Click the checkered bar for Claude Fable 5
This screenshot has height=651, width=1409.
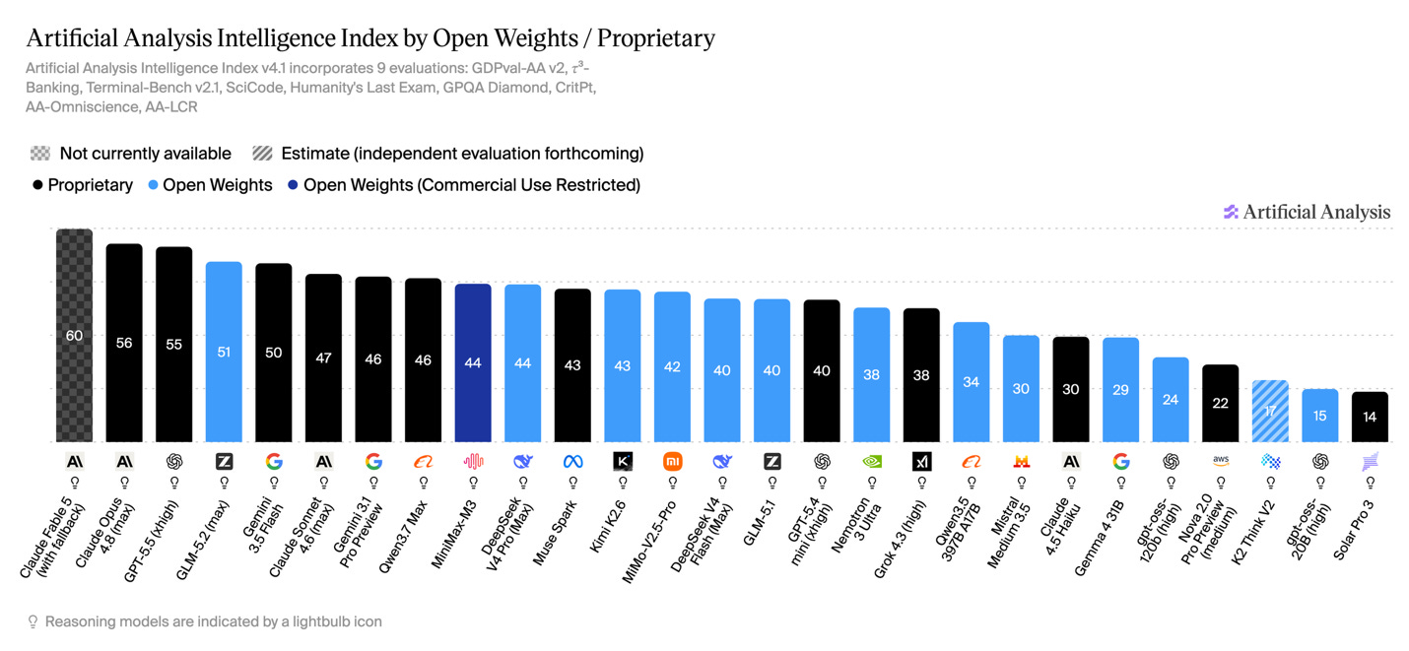pyautogui.click(x=74, y=335)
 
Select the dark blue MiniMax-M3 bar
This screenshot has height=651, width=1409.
pyautogui.click(x=473, y=362)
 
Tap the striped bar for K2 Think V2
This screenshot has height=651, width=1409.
pyautogui.click(x=1270, y=412)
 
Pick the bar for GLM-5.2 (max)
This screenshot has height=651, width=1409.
pyautogui.click(x=224, y=352)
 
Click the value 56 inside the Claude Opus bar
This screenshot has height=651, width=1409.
pyautogui.click(x=124, y=343)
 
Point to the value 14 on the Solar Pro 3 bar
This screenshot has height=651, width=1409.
pyautogui.click(x=1370, y=417)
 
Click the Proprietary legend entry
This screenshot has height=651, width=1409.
pyautogui.click(x=83, y=185)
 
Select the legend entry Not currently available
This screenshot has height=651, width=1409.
pyautogui.click(x=131, y=154)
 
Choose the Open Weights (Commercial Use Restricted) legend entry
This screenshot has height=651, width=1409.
pyautogui.click(x=463, y=185)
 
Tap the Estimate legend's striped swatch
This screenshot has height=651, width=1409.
pyautogui.click(x=262, y=154)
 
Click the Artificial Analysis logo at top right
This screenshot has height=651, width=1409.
pyautogui.click(x=1307, y=212)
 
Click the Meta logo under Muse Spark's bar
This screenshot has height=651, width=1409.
pyautogui.click(x=572, y=462)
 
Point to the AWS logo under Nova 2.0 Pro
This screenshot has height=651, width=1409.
pyautogui.click(x=1220, y=461)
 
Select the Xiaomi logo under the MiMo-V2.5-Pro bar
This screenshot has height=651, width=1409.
pyautogui.click(x=672, y=462)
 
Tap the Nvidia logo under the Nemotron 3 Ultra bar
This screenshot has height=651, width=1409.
pyautogui.click(x=871, y=462)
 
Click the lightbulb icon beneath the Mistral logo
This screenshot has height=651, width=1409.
pyautogui.click(x=1021, y=483)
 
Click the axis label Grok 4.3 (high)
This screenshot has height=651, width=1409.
pyautogui.click(x=901, y=539)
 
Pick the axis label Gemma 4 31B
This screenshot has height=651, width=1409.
pyautogui.click(x=1099, y=539)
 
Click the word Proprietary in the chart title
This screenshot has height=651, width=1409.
pyautogui.click(x=656, y=38)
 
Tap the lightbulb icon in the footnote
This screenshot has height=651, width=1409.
pyautogui.click(x=33, y=622)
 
